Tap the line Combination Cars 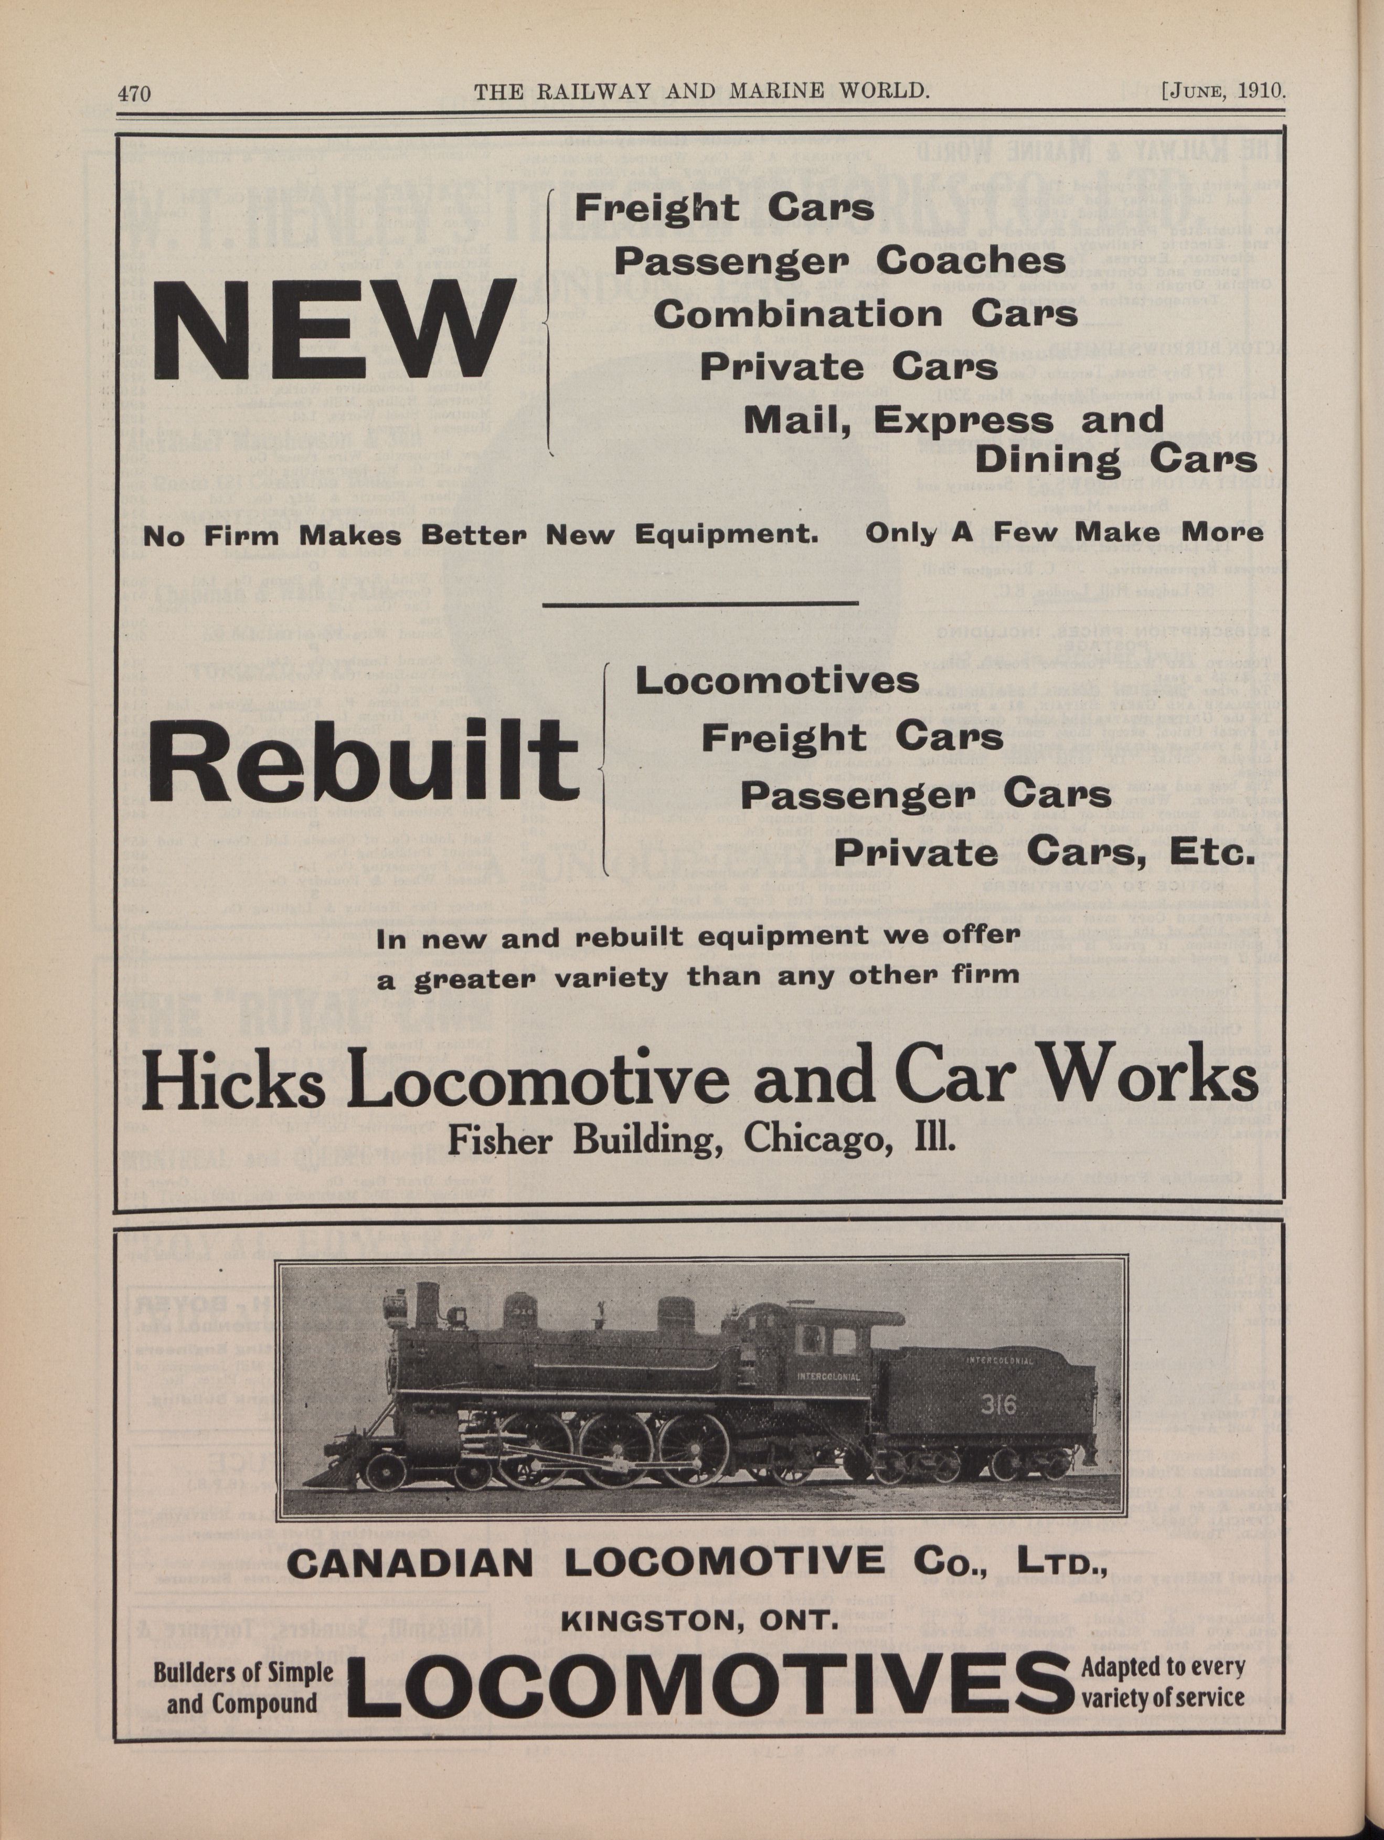point(865,314)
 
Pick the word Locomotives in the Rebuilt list point(777,681)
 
